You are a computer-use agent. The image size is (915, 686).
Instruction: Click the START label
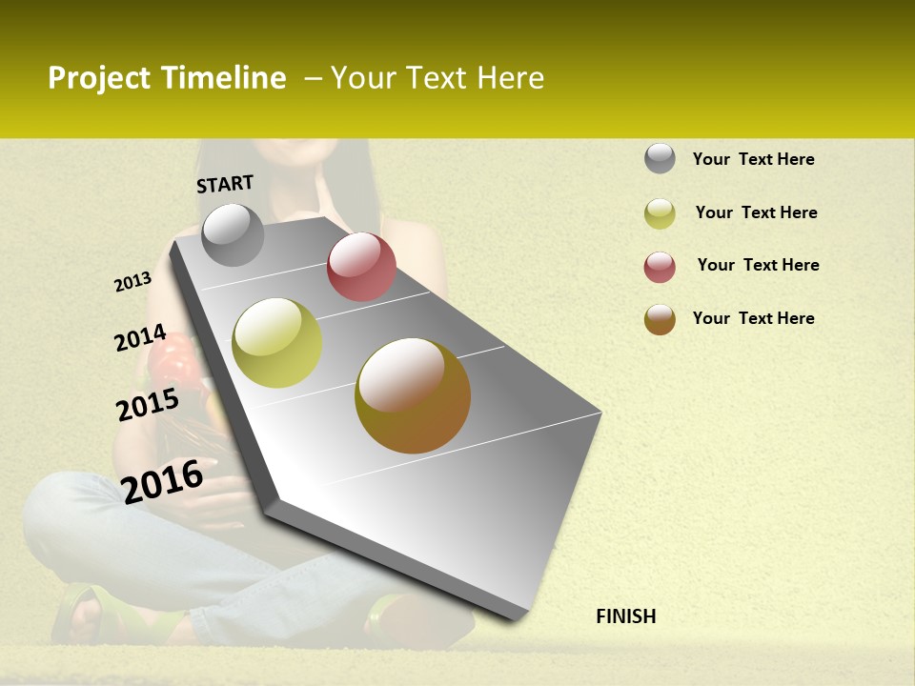coord(225,184)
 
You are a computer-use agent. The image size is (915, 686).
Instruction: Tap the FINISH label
coord(625,616)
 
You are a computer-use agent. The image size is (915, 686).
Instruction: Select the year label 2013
coord(133,282)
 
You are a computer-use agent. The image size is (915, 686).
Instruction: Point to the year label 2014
coord(140,338)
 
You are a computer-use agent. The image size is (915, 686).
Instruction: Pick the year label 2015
coord(148,405)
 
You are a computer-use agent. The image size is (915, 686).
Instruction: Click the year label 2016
coord(163,481)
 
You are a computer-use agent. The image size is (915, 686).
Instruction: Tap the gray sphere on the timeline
coord(233,234)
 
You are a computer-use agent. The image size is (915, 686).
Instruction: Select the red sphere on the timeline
coord(361,267)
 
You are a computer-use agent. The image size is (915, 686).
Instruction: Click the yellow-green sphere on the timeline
coord(277,343)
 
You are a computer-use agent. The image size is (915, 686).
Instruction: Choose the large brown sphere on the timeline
coord(413,395)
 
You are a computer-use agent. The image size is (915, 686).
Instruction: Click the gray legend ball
coord(660,158)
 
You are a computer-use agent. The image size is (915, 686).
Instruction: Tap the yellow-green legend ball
coord(660,213)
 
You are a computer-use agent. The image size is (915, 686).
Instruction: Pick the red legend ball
coord(660,267)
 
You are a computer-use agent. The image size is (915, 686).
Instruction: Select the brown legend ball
coord(660,319)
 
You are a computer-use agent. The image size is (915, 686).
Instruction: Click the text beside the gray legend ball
coord(753,159)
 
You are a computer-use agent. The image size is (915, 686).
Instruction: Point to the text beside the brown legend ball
coord(753,318)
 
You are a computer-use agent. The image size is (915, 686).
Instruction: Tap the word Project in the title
coord(99,78)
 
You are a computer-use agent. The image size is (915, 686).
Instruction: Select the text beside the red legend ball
coord(758,265)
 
